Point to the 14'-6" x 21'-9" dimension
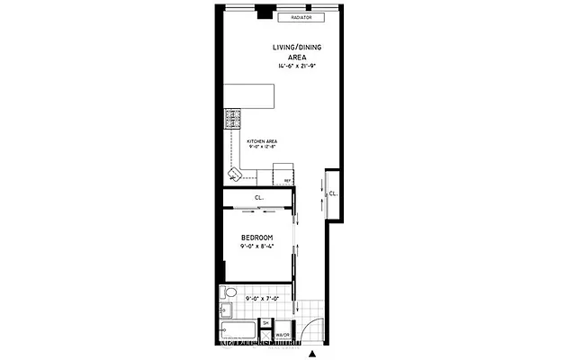point(296,66)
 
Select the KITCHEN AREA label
point(262,141)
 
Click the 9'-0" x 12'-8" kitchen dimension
point(262,148)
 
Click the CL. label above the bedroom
point(259,197)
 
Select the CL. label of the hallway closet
point(332,193)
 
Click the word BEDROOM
point(256,238)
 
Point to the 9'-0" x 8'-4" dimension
point(256,247)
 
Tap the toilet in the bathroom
point(229,294)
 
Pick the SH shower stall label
point(266,322)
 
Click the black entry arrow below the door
point(312,354)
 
